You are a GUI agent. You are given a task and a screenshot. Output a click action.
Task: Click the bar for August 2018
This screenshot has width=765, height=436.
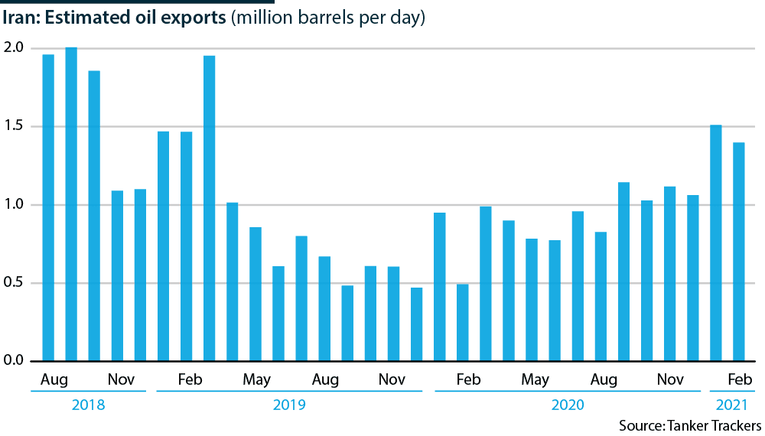pyautogui.click(x=48, y=207)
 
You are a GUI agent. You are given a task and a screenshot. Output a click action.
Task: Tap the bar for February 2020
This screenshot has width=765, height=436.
pyautogui.click(x=462, y=322)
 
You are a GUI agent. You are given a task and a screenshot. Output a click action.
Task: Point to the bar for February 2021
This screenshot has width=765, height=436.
pyautogui.click(x=739, y=252)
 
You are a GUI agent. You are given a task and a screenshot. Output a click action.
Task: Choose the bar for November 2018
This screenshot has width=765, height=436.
pyautogui.click(x=117, y=275)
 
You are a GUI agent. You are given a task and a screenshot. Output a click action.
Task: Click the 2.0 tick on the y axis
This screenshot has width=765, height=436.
pyautogui.click(x=15, y=48)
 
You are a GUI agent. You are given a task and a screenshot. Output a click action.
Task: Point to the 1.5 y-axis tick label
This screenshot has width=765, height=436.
pyautogui.click(x=15, y=126)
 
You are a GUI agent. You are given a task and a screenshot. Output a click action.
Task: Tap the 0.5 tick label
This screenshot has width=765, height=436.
pyautogui.click(x=15, y=283)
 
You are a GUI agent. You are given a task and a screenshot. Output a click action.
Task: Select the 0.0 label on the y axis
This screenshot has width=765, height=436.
pyautogui.click(x=15, y=361)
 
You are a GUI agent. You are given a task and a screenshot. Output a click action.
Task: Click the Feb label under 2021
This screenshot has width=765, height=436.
pyautogui.click(x=739, y=379)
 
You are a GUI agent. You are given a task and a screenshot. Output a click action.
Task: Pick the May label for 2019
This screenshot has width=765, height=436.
pyautogui.click(x=256, y=379)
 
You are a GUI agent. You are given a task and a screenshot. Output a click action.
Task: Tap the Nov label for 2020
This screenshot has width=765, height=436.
pyautogui.click(x=670, y=379)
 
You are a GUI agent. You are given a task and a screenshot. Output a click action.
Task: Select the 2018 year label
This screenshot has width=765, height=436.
pyautogui.click(x=88, y=404)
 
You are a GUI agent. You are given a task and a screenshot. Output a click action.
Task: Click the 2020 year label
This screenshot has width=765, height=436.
pyautogui.click(x=568, y=404)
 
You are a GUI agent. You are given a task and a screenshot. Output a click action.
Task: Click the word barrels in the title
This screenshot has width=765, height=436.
pyautogui.click(x=344, y=18)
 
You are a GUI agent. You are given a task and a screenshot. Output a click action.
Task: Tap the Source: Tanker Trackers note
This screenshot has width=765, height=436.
pyautogui.click(x=690, y=425)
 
